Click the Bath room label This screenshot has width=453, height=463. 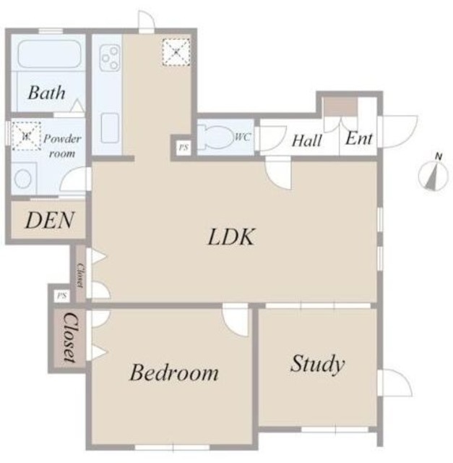tap(46, 93)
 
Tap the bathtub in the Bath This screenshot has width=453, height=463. tap(49, 54)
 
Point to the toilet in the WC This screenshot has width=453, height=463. tap(215, 137)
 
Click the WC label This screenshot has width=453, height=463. tap(243, 137)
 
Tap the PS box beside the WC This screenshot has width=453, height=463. tap(184, 147)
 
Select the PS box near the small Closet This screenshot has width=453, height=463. tap(62, 296)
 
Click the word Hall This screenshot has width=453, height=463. tap(307, 140)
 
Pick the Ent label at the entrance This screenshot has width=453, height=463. tap(359, 138)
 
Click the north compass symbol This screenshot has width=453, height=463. tap(433, 174)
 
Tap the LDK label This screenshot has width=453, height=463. tap(230, 237)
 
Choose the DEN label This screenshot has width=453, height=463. tap(50, 220)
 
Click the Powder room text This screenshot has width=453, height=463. tap(62, 146)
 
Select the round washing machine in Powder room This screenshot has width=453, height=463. tap(23, 179)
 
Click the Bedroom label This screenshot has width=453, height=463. tap(174, 372)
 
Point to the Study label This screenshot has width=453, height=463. tap(318, 364)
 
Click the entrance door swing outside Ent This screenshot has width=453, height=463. tap(398, 132)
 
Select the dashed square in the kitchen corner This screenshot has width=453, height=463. tap(176, 52)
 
